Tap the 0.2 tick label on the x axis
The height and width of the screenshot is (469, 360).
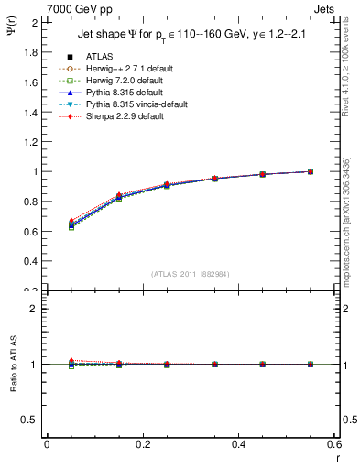[142, 444]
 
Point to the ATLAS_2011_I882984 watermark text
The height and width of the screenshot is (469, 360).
[191, 274]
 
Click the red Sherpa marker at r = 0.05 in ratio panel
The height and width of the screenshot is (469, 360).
[71, 360]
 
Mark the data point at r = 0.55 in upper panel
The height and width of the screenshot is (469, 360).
[311, 171]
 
